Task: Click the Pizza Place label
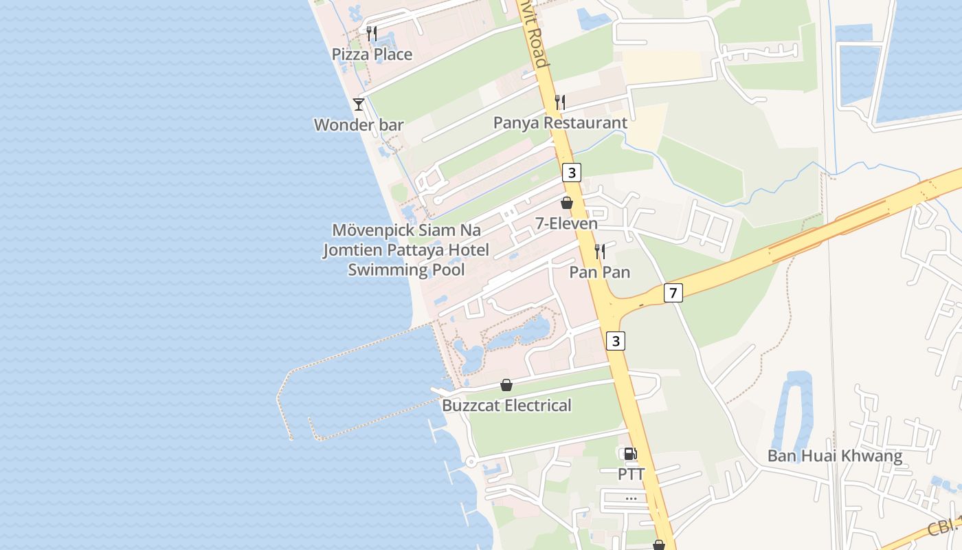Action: click(372, 54)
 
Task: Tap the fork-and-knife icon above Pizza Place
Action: click(372, 33)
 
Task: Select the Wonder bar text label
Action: click(358, 125)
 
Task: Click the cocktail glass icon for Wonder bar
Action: click(359, 104)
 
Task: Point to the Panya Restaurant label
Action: click(560, 123)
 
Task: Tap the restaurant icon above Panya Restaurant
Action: click(560, 102)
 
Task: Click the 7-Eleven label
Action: click(567, 223)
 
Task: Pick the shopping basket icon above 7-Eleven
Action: click(567, 203)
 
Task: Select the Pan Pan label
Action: click(600, 272)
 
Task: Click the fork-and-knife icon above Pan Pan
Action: click(600, 252)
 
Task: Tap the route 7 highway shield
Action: click(673, 294)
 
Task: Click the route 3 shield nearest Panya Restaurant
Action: click(572, 173)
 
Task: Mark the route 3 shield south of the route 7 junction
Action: click(616, 340)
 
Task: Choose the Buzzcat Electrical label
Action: click(506, 406)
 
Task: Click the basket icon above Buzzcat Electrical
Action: click(506, 385)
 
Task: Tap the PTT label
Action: click(631, 474)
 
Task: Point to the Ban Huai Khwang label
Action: click(834, 456)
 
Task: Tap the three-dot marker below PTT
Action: click(631, 498)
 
